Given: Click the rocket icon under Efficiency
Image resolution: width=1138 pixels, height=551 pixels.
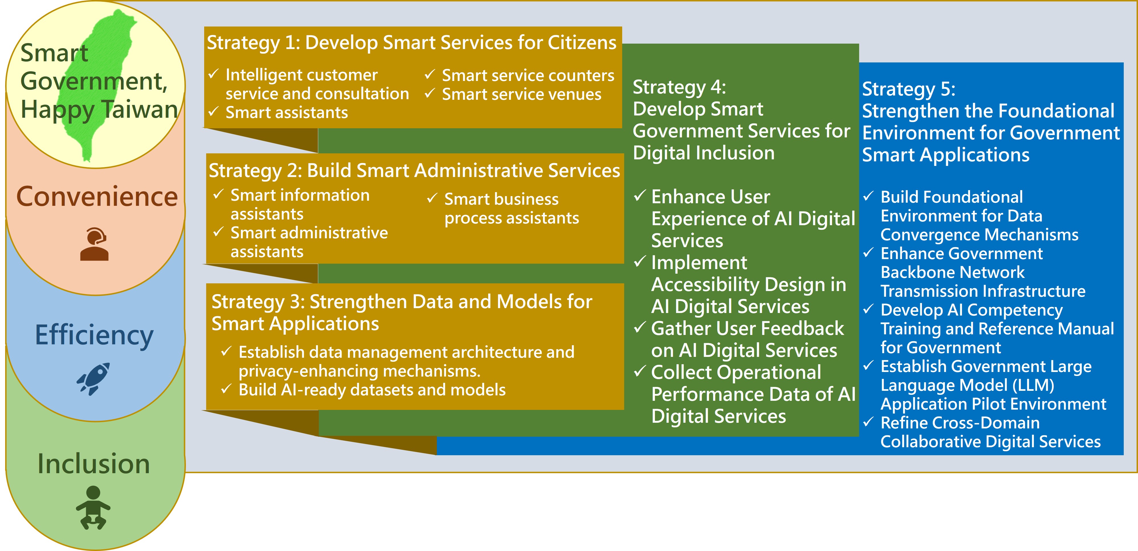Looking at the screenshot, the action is coord(93,379).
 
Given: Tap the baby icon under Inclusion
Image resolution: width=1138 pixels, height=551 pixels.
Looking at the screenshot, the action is coord(93,507).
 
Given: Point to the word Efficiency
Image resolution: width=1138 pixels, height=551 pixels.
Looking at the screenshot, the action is coord(94,336).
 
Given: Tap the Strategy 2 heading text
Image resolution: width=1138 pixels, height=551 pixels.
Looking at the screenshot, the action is coord(414,171).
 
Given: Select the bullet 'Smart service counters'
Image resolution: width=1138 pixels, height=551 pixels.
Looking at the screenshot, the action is coord(528,76).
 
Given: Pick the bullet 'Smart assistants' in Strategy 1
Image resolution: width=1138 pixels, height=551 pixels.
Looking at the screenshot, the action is coord(287,113).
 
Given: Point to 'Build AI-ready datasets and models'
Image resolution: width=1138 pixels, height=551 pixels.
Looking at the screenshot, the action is coord(372,390).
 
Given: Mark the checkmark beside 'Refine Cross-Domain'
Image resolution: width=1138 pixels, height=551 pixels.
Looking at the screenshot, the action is coord(868,422).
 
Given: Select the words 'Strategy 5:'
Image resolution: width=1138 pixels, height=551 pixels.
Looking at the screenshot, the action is coord(909,89).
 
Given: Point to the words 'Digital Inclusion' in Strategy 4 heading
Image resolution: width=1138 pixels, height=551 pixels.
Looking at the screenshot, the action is coord(704,153).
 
